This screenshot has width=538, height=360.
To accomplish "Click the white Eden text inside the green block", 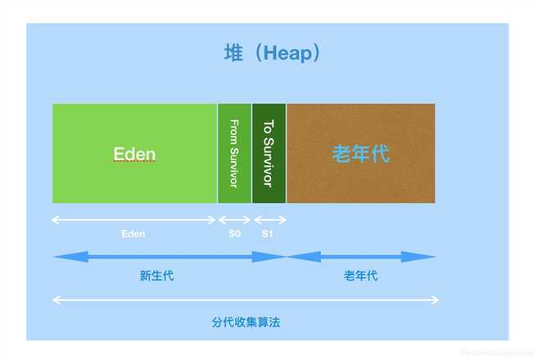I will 134,155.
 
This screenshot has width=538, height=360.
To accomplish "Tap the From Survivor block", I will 234,153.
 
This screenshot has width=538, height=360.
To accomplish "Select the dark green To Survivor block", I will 269,153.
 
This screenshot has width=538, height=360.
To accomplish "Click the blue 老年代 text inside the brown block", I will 360,154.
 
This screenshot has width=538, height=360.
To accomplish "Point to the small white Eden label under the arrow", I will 133,233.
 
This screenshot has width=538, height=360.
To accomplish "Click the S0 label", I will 234,233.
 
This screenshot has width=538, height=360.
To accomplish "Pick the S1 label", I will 268,233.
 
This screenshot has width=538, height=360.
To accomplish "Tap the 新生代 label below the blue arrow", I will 156,276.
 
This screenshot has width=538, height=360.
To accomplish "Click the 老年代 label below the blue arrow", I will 360,276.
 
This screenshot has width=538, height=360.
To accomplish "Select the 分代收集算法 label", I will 246,322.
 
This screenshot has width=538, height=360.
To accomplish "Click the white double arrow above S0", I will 234,219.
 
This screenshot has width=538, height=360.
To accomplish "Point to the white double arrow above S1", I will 269,219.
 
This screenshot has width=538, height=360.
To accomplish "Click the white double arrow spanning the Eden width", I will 133,219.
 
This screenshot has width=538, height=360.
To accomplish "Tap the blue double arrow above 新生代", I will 170,257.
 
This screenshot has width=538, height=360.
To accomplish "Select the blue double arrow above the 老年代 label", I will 361,257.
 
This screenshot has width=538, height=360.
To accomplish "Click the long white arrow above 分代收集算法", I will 246,300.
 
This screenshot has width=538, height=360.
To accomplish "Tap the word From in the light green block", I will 234,132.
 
